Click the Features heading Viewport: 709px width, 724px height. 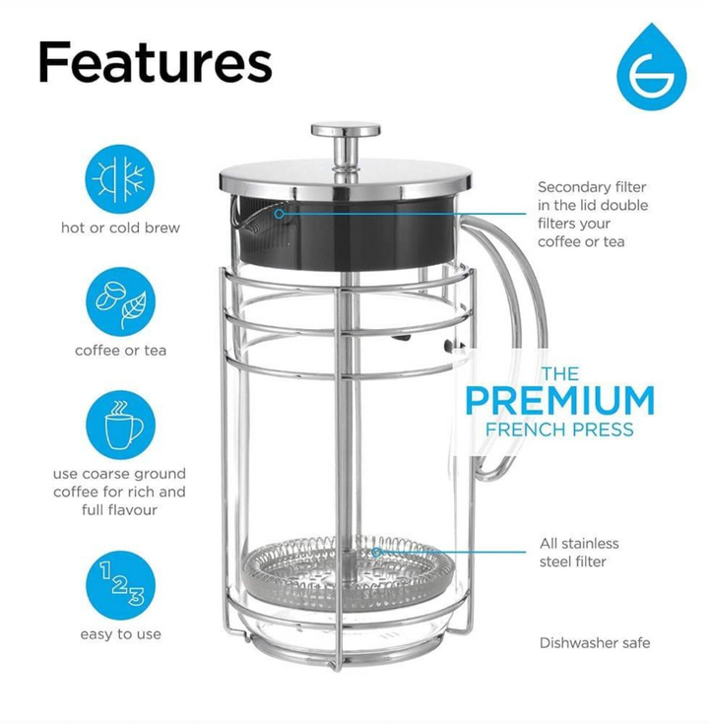click(155, 62)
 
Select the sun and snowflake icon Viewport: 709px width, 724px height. click(120, 180)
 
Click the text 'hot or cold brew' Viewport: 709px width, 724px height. click(120, 228)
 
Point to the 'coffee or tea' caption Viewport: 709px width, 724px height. click(120, 351)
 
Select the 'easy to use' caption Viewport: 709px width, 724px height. click(120, 634)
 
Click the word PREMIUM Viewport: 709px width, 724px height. click(559, 401)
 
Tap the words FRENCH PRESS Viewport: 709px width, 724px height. click(559, 429)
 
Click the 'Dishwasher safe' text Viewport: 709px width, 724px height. click(595, 643)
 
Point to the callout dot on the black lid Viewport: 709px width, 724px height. click(280, 212)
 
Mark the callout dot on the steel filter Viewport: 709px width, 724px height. click(377, 552)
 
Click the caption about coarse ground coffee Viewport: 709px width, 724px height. click(120, 492)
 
